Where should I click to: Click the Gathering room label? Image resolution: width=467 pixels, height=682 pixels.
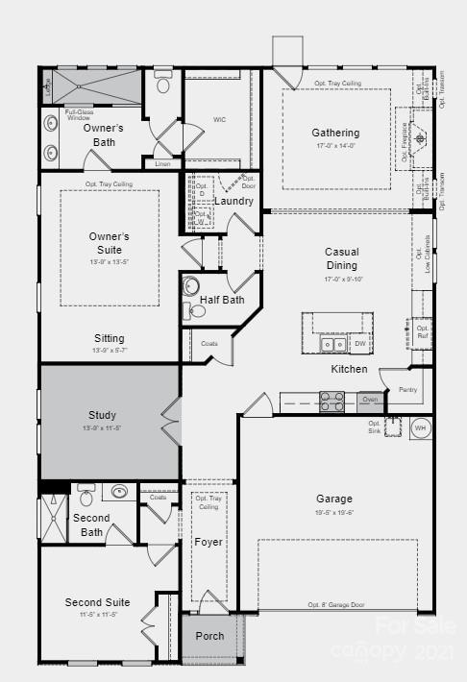point(335,133)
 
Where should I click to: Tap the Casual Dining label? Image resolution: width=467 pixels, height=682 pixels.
point(341,258)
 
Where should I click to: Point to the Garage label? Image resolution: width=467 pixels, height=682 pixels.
point(334,499)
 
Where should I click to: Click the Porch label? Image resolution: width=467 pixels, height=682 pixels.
point(209,636)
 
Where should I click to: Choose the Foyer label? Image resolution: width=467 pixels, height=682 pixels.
point(209,542)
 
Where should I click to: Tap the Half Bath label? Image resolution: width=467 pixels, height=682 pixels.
point(222,300)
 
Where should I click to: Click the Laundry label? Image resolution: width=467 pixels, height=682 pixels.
point(234,201)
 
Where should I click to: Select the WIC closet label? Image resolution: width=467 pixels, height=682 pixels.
point(219,120)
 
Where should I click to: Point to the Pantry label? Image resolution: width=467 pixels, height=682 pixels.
point(407,389)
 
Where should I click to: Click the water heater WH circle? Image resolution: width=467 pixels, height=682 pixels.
point(420,427)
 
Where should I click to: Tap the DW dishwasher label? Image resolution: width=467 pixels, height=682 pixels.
point(359,343)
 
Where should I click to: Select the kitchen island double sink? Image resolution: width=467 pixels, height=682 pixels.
point(333,343)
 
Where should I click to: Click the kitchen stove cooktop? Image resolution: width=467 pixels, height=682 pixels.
point(332,401)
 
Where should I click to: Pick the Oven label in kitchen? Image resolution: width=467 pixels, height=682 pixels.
point(369,399)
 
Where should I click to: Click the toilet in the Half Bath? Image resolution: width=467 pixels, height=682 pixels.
point(191,286)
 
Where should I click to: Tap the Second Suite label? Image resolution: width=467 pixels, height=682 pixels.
point(97,602)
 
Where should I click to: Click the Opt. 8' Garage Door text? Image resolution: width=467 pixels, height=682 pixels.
point(336,605)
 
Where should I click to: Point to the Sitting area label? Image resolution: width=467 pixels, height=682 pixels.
point(109,338)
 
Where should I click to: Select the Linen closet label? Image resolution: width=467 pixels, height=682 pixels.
point(162,164)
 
